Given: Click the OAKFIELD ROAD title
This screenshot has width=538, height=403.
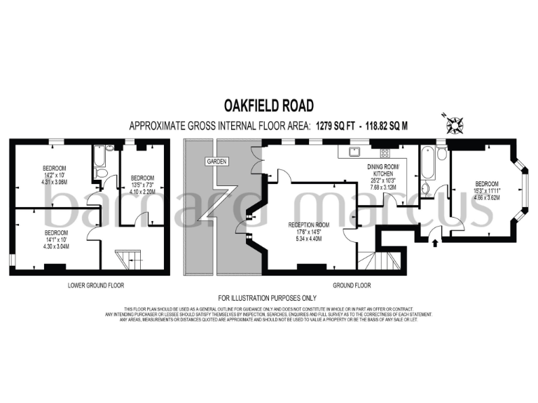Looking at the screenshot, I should pos(268,105).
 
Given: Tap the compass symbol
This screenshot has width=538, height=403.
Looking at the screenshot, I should pos(454,124).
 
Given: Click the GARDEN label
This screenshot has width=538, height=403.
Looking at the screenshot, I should pos(215,162).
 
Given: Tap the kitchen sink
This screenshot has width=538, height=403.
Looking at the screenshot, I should pos(352,151).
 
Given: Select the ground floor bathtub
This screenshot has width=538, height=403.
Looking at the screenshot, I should pos(427,162).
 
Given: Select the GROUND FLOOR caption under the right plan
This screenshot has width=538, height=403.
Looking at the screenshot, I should pos(352,285).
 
